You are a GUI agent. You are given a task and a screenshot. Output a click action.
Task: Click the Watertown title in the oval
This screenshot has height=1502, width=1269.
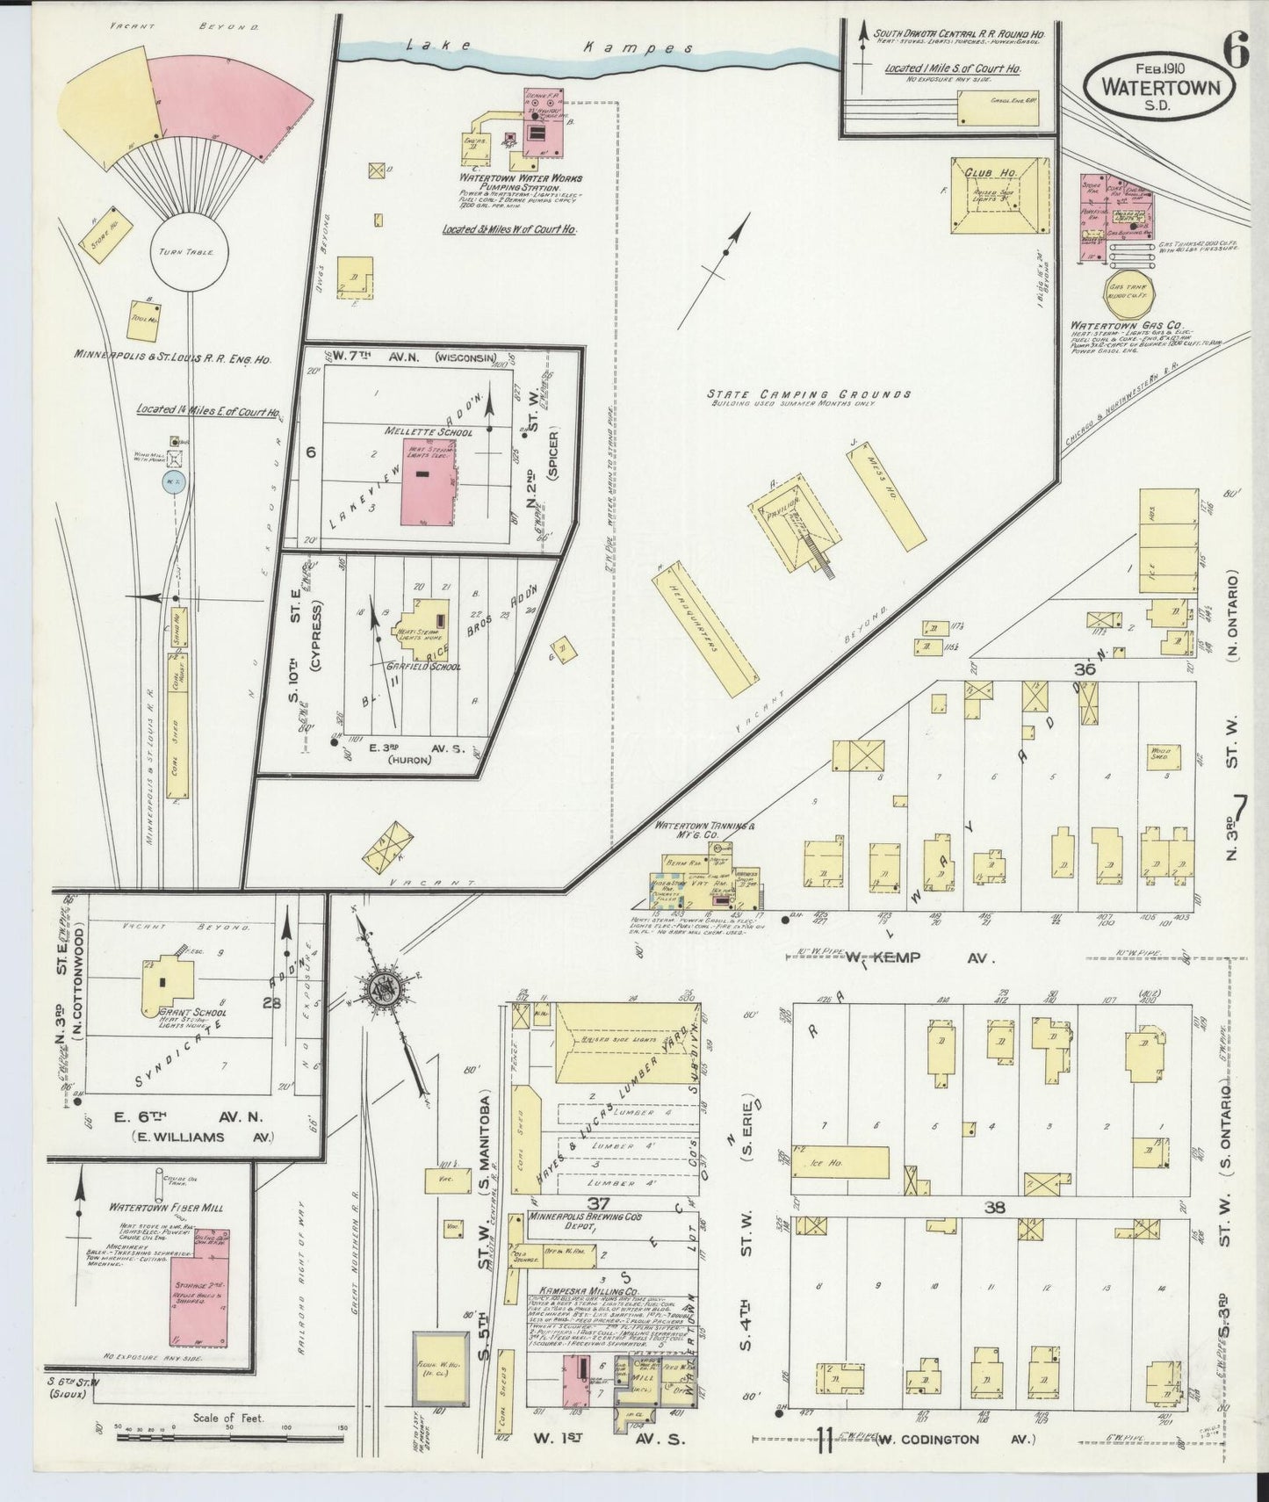pos(1156,89)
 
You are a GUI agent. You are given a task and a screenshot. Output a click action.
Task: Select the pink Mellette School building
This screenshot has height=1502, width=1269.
pos(429,482)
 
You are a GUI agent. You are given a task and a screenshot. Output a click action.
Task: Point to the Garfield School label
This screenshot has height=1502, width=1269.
pos(423,667)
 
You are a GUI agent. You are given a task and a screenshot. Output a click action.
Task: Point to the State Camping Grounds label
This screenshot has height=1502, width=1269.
pos(809,395)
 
